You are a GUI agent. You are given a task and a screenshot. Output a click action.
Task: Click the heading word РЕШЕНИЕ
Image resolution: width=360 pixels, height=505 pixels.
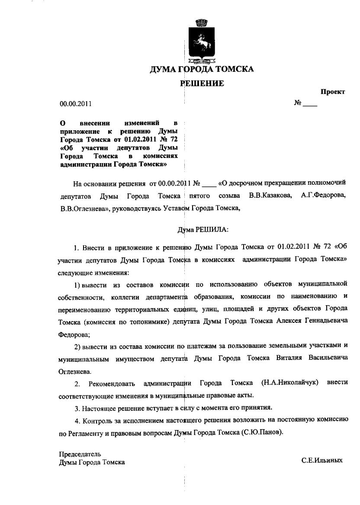tap(202, 84)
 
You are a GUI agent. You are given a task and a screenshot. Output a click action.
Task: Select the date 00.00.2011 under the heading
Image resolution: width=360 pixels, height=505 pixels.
tap(75, 104)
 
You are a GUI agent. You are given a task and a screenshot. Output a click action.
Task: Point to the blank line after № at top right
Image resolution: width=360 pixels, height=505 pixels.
tap(310, 104)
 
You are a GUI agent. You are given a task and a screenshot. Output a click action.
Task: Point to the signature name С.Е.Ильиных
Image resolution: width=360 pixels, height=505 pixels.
tap(322, 460)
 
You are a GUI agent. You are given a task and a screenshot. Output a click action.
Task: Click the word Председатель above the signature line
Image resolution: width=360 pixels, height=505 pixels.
tap(80, 454)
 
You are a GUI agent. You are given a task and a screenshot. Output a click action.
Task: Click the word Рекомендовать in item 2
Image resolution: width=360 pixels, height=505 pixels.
tap(112, 383)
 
